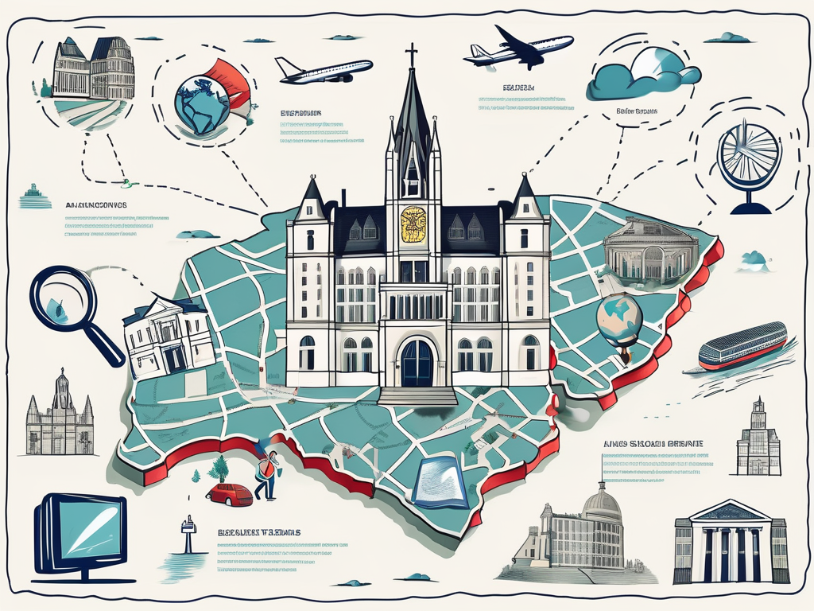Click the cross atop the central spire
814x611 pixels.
tap(412, 55)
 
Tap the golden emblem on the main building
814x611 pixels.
tap(413, 224)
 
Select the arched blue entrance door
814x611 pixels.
tap(417, 362)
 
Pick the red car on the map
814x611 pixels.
tap(230, 495)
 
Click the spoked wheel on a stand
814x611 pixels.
tap(750, 159)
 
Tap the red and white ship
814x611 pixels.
tap(742, 345)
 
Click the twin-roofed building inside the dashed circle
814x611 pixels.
tap(93, 71)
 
